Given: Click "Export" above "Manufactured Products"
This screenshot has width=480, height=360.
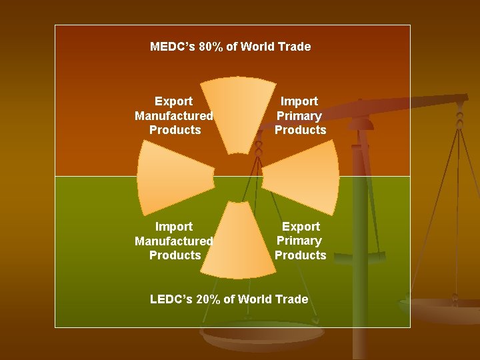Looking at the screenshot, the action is pyautogui.click(x=173, y=101).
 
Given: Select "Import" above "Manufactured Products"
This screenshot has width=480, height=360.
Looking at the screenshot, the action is pyautogui.click(x=173, y=227).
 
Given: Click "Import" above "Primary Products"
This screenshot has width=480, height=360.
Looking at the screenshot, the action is pyautogui.click(x=299, y=101).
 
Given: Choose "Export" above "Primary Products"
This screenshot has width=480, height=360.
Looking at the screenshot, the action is pyautogui.click(x=301, y=227).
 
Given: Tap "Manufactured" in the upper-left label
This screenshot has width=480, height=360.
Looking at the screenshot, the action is pyautogui.click(x=174, y=116).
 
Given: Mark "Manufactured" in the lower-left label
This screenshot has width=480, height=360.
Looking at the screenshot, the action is pyautogui.click(x=174, y=241).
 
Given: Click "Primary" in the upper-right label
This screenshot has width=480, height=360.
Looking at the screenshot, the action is pyautogui.click(x=299, y=116).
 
